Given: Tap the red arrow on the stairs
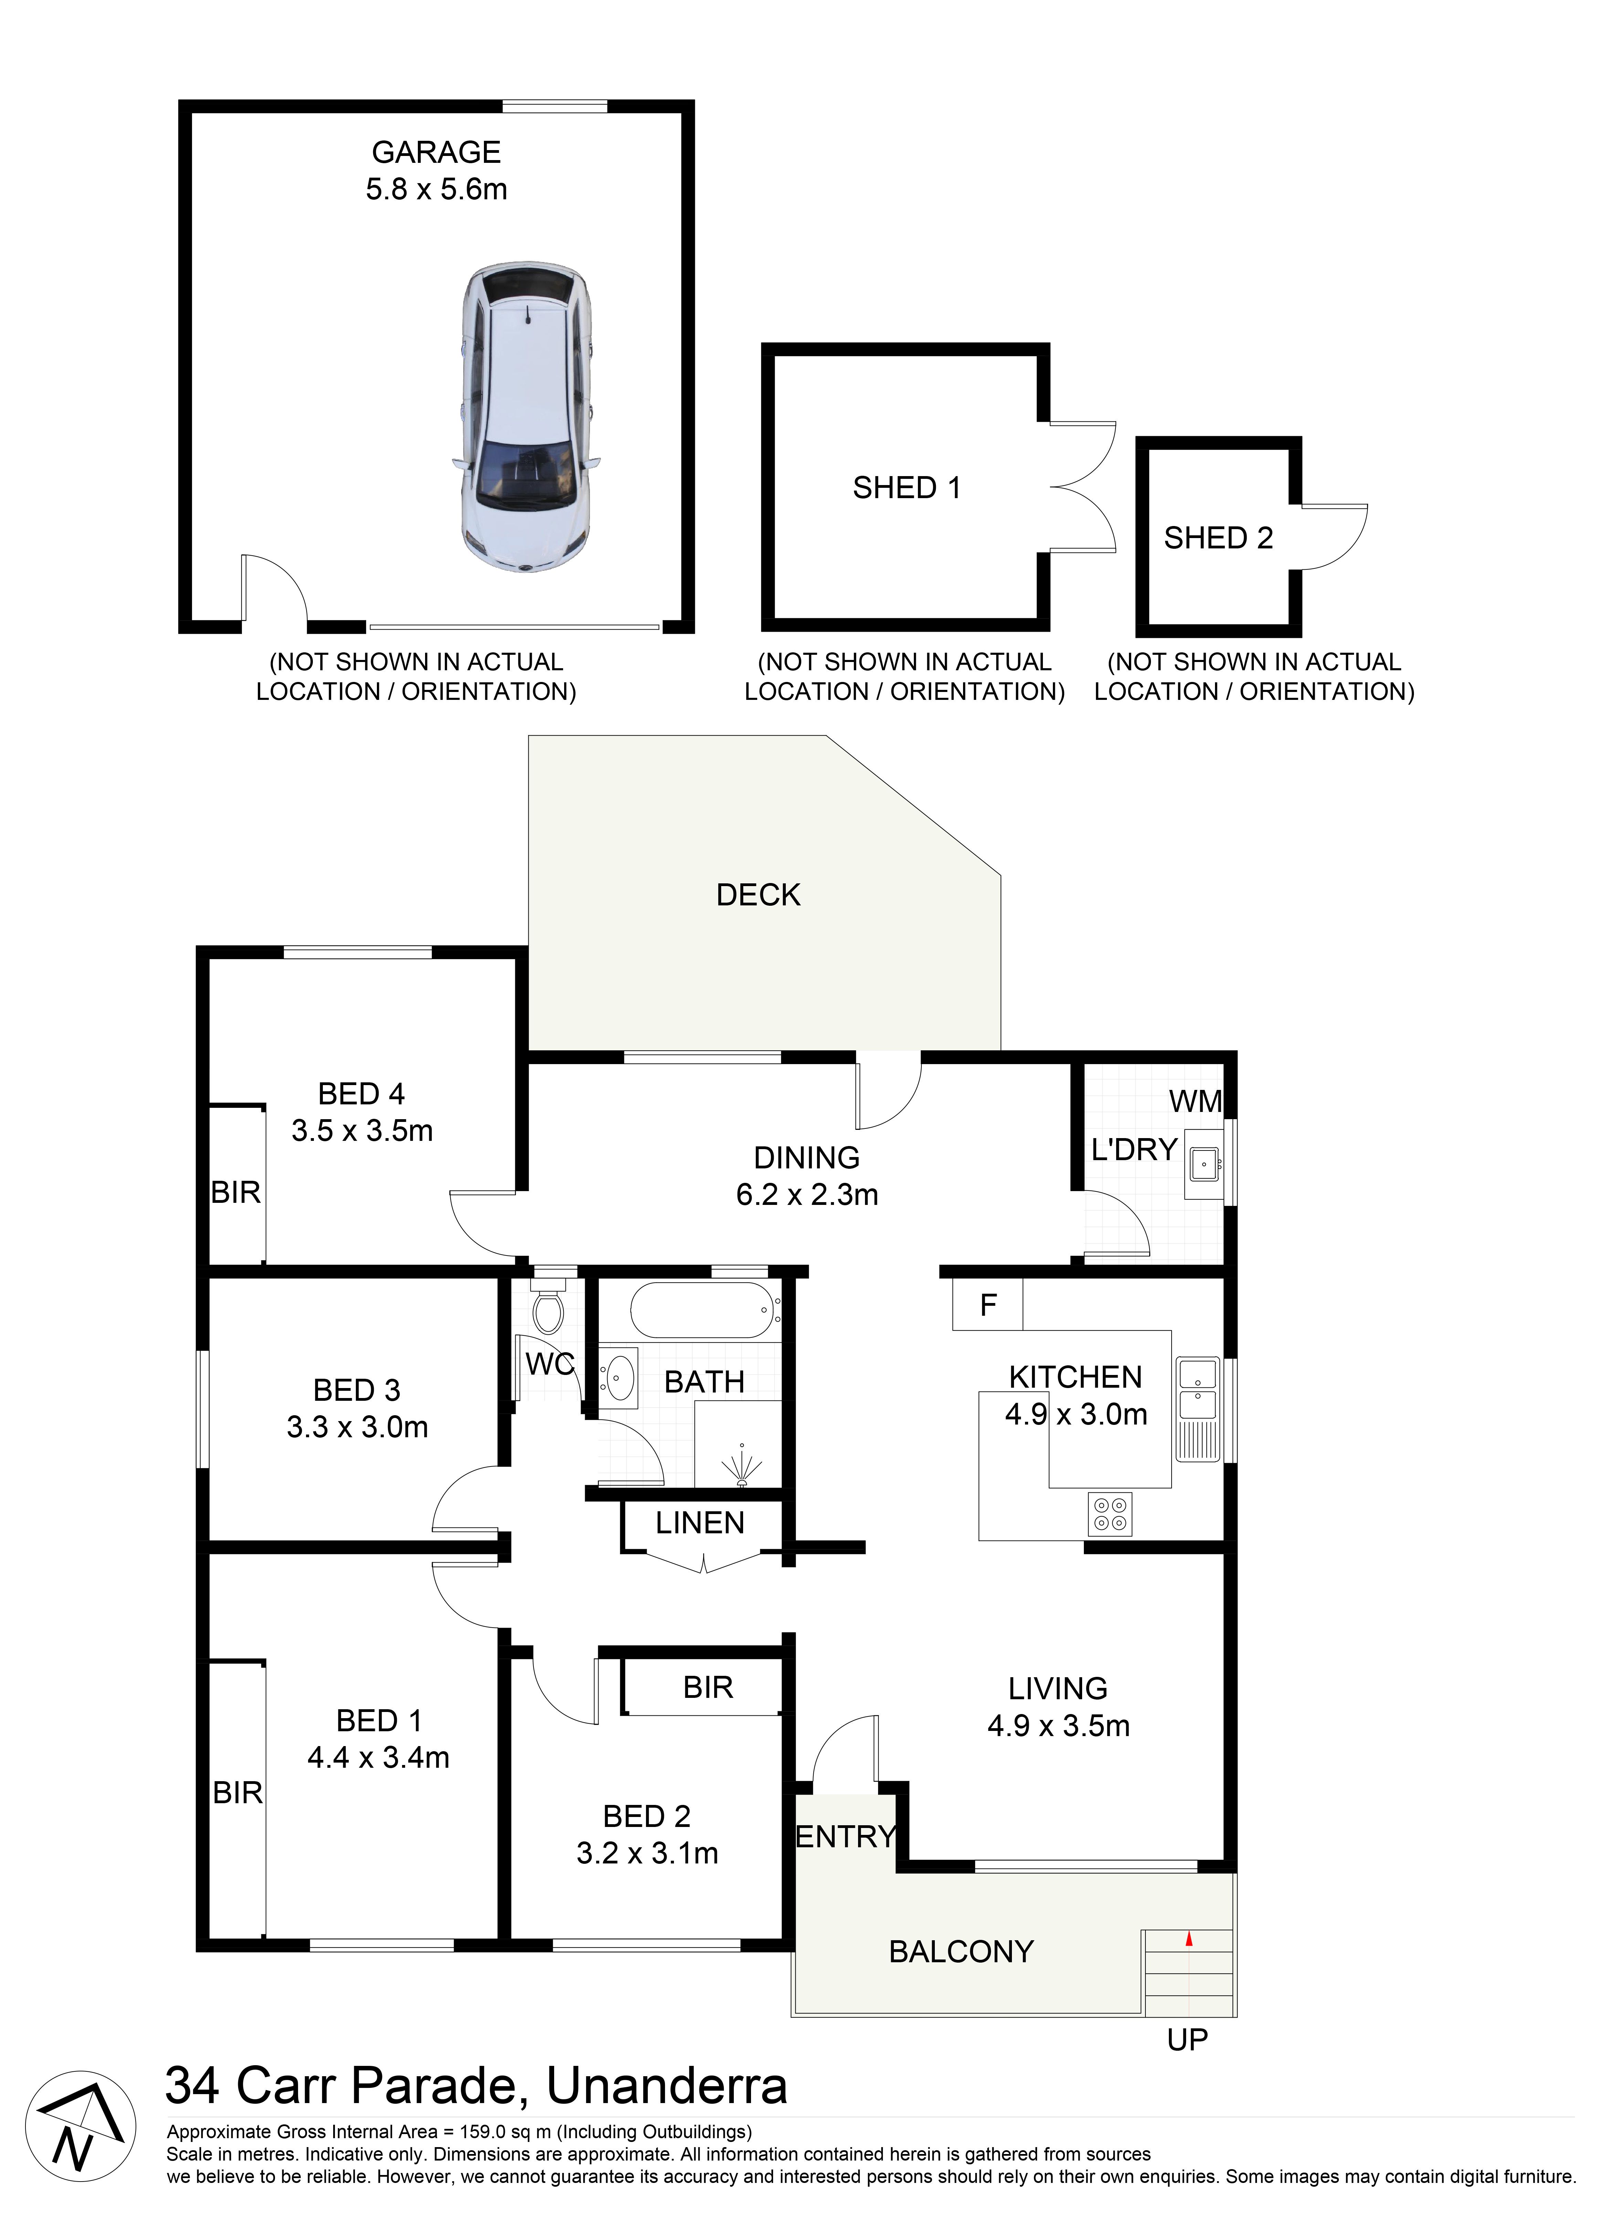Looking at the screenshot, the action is pyautogui.click(x=1189, y=1937).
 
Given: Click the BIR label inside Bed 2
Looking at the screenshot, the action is pyautogui.click(x=708, y=1688).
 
